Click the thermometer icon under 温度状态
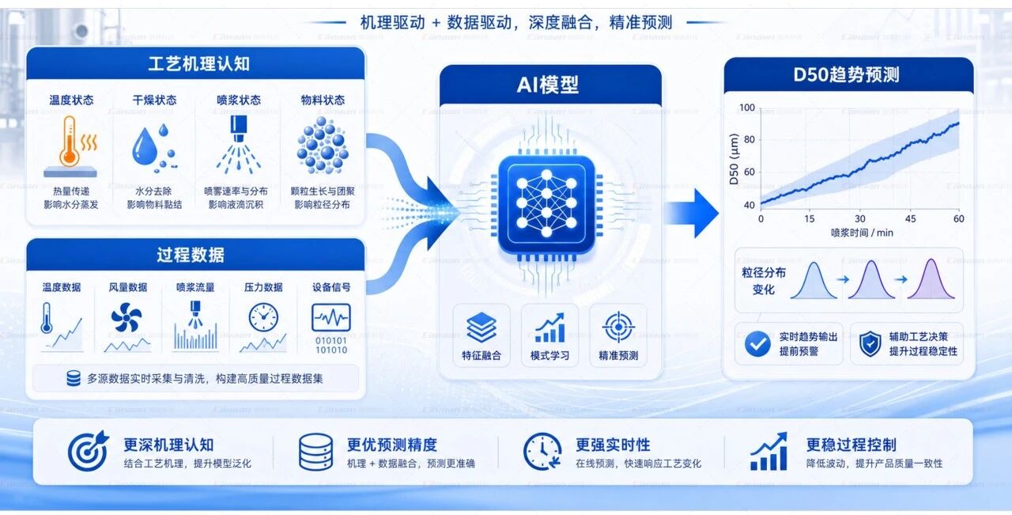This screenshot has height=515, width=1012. pyautogui.click(x=70, y=142)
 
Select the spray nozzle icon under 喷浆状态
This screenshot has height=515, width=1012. pyautogui.click(x=239, y=144)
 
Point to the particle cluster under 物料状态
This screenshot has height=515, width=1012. pyautogui.click(x=323, y=145)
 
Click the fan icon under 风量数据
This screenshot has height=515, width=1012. pyautogui.click(x=126, y=318)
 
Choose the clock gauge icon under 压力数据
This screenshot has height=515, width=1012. pyautogui.click(x=263, y=317)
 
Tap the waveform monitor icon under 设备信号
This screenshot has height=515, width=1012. pyautogui.click(x=331, y=317)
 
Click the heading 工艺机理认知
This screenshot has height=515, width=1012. pyautogui.click(x=198, y=64)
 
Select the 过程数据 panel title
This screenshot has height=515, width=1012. pyautogui.click(x=191, y=255)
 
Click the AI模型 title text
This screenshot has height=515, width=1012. pyautogui.click(x=548, y=85)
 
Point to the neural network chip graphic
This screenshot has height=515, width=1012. pyautogui.click(x=546, y=205)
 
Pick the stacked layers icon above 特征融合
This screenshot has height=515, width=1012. pyautogui.click(x=481, y=328)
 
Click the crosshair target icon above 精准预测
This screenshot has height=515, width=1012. pyautogui.click(x=618, y=327)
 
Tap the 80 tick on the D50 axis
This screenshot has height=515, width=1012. pyautogui.click(x=749, y=140)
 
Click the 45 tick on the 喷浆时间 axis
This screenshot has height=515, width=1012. pyautogui.click(x=910, y=219)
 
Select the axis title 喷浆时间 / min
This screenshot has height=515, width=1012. pyautogui.click(x=862, y=233)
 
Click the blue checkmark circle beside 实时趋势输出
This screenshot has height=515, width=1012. pyautogui.click(x=757, y=343)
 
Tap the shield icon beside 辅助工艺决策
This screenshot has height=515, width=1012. pyautogui.click(x=870, y=343)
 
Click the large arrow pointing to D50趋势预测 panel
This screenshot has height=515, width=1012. pyautogui.click(x=692, y=213)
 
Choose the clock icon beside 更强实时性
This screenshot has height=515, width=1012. pyautogui.click(x=542, y=451)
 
